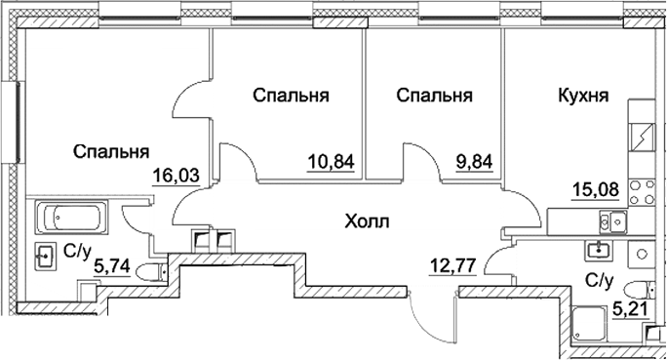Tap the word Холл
[x=367, y=222]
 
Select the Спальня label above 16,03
[x=111, y=151]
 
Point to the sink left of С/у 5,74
[x=45, y=257]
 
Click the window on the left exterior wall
[x=17, y=123]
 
